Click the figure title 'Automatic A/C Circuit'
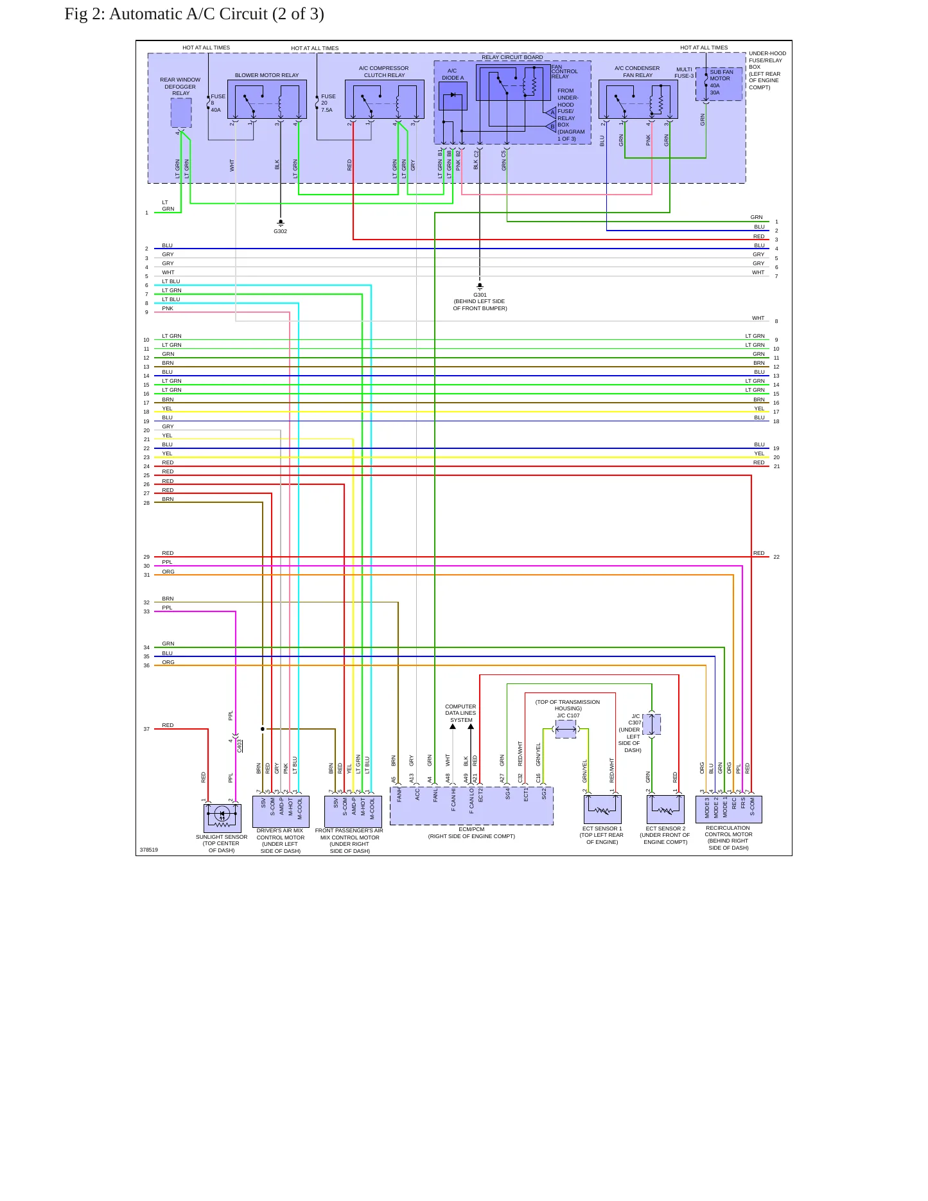(188, 14)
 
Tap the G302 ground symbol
(281, 223)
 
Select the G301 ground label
(480, 295)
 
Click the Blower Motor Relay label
(267, 75)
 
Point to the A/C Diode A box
(453, 96)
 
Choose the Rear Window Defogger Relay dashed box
(181, 112)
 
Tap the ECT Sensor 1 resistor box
(602, 809)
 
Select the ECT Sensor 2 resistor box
(665, 809)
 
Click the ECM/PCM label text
(471, 829)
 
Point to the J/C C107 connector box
(566, 729)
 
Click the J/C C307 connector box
(651, 724)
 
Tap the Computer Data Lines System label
(460, 713)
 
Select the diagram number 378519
(148, 850)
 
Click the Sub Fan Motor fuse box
(719, 84)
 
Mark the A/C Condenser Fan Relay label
(637, 71)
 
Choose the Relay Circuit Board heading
(512, 57)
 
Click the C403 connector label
(240, 746)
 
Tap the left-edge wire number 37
(146, 729)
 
